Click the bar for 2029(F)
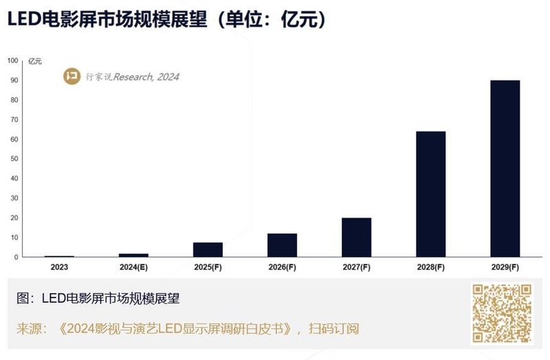click(x=505, y=168)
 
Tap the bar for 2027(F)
click(x=356, y=237)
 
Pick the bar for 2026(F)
click(x=282, y=245)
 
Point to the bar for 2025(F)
click(x=208, y=249)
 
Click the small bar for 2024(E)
click(x=133, y=256)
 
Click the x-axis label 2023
click(x=59, y=267)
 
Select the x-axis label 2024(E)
click(x=133, y=267)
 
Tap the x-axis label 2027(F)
click(x=356, y=267)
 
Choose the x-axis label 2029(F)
click(x=505, y=267)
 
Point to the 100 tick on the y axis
click(x=12, y=60)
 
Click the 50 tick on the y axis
click(x=14, y=159)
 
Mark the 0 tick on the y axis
click(x=16, y=257)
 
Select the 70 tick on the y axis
click(x=14, y=120)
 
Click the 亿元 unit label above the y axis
click(x=35, y=61)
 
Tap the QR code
click(x=501, y=313)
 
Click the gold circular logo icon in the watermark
click(x=71, y=76)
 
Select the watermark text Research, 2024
click(x=146, y=77)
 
